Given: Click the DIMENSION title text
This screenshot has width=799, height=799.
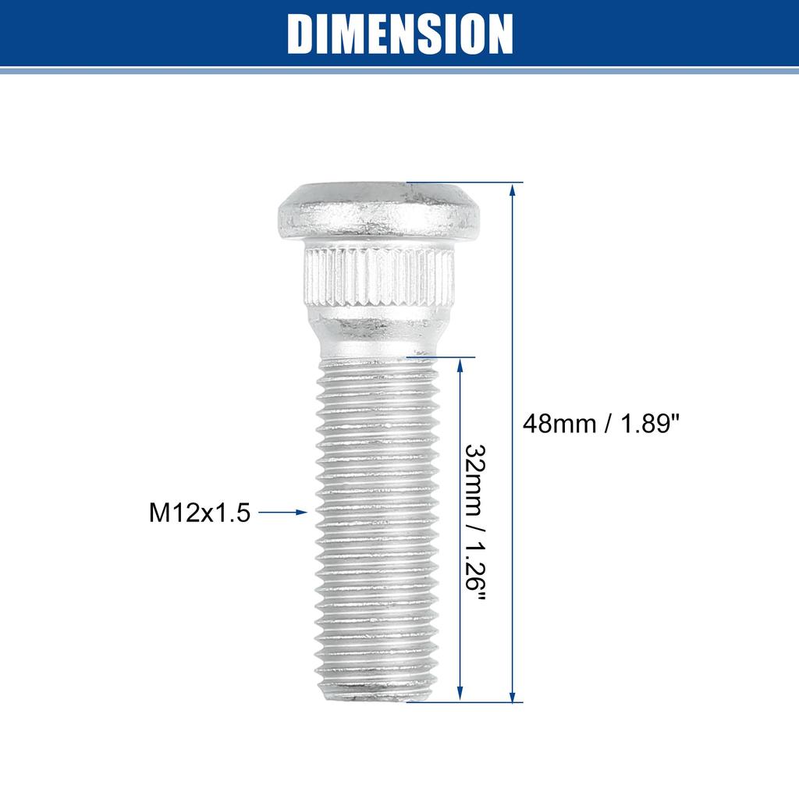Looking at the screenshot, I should pos(399,33).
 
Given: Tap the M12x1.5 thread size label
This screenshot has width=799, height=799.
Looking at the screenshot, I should pos(200,513).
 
